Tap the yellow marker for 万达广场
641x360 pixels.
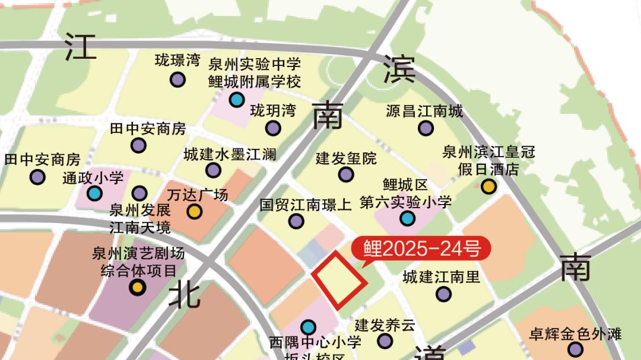[195, 211]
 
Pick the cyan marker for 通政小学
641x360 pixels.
[94, 193]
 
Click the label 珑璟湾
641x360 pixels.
[177, 60]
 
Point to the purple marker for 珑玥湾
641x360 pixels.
[273, 128]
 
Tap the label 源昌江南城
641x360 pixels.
[424, 111]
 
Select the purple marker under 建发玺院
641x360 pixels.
[346, 174]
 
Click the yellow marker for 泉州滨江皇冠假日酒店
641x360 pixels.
[488, 187]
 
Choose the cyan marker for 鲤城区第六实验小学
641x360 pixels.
[407, 218]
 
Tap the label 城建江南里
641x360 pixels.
[441, 277]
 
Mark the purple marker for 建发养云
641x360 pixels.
[385, 341]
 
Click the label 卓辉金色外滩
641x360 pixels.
[575, 334]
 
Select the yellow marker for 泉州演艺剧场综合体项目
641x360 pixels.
[138, 288]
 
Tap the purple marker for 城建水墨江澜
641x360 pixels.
[214, 170]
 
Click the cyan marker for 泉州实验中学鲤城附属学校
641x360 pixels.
[236, 100]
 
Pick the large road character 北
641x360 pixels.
[184, 295]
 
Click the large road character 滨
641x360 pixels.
[399, 69]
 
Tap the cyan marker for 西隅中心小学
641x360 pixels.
[308, 327]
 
